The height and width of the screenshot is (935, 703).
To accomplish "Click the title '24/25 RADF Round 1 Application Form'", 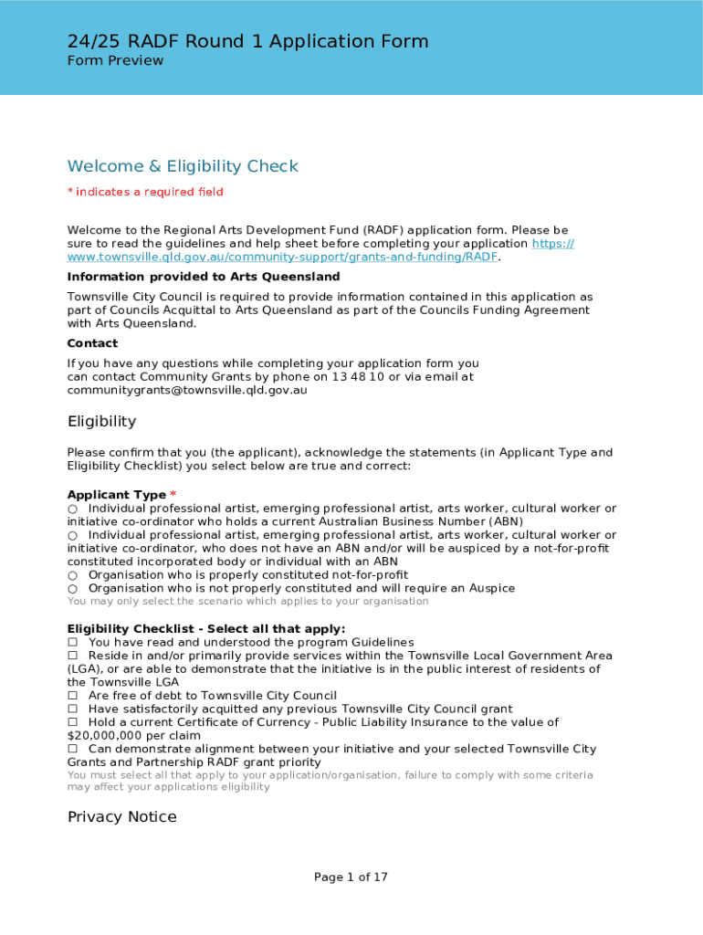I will (247, 41).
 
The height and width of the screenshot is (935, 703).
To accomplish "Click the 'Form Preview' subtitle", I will (115, 61).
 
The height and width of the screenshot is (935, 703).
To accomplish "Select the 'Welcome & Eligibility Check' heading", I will (183, 166).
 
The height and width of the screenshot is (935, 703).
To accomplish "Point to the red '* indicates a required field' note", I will (145, 192).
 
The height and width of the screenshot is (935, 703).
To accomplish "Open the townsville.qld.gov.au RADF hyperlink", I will (283, 257).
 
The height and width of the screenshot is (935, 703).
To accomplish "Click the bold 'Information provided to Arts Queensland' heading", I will (204, 277).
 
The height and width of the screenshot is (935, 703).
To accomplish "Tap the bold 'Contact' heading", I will (92, 343).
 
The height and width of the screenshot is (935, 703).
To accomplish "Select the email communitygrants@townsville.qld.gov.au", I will (187, 390).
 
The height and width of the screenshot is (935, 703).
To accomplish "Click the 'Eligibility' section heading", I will (101, 421).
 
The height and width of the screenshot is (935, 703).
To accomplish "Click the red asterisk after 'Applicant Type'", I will (173, 495).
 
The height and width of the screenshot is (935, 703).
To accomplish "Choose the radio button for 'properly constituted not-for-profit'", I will (72, 575).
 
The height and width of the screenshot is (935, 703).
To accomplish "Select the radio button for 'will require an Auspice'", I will (72, 589).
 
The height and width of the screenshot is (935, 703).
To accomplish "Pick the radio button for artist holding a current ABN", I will (72, 509).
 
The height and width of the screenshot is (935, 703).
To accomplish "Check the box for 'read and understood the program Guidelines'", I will (73, 643).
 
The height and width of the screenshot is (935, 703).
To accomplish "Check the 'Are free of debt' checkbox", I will (73, 696).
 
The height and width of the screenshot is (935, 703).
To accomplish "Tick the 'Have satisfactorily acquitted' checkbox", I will (73, 709).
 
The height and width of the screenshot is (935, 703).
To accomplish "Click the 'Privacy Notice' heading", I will (121, 816).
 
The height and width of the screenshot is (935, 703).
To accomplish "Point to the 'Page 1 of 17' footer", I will (351, 877).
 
